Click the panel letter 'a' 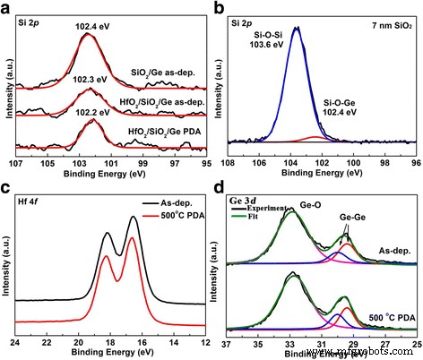click(x=7, y=7)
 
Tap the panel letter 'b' click(x=220, y=7)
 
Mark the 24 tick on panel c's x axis click(x=15, y=343)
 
